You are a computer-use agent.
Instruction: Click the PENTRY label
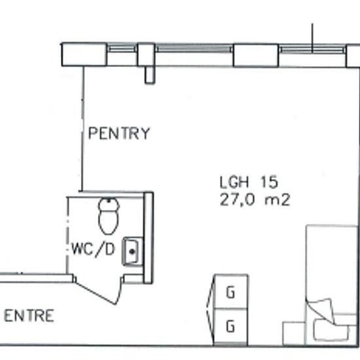pos(119,133)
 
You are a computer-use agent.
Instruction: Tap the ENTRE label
pos(29,315)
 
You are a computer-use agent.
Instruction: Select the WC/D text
pos(93,249)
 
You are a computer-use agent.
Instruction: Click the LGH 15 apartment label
pos(249,182)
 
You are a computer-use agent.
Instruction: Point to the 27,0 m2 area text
pos(255,200)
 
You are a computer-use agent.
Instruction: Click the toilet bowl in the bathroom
pos(109,222)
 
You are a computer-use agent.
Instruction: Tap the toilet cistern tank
pos(109,204)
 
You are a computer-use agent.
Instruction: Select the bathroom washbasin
pos(133,251)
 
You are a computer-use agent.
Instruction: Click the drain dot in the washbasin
pos(132,251)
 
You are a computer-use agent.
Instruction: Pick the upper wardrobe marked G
pos(231,291)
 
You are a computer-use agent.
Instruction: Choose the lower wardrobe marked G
pos(231,326)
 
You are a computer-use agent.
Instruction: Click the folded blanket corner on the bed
pos(320,310)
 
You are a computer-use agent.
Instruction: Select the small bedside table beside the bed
pos(294,333)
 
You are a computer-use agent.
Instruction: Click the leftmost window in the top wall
pos(122,49)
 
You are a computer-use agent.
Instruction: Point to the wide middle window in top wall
pos(194,48)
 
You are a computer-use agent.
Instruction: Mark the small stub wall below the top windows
pos(150,75)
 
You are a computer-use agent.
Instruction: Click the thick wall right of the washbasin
pos(149,238)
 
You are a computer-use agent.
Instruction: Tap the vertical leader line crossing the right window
pos(312,38)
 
